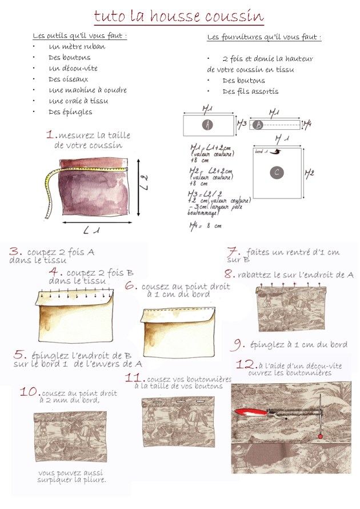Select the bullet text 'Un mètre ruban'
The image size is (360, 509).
click(x=77, y=47)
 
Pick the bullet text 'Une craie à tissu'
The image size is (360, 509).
click(x=78, y=101)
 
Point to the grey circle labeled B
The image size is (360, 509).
click(x=258, y=124)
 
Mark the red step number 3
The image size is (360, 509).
click(x=15, y=251)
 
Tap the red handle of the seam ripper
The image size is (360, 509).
click(x=247, y=412)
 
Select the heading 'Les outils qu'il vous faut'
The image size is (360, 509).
click(x=79, y=36)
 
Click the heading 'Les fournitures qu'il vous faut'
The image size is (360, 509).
click(x=263, y=37)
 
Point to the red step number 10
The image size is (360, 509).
click(x=28, y=393)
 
